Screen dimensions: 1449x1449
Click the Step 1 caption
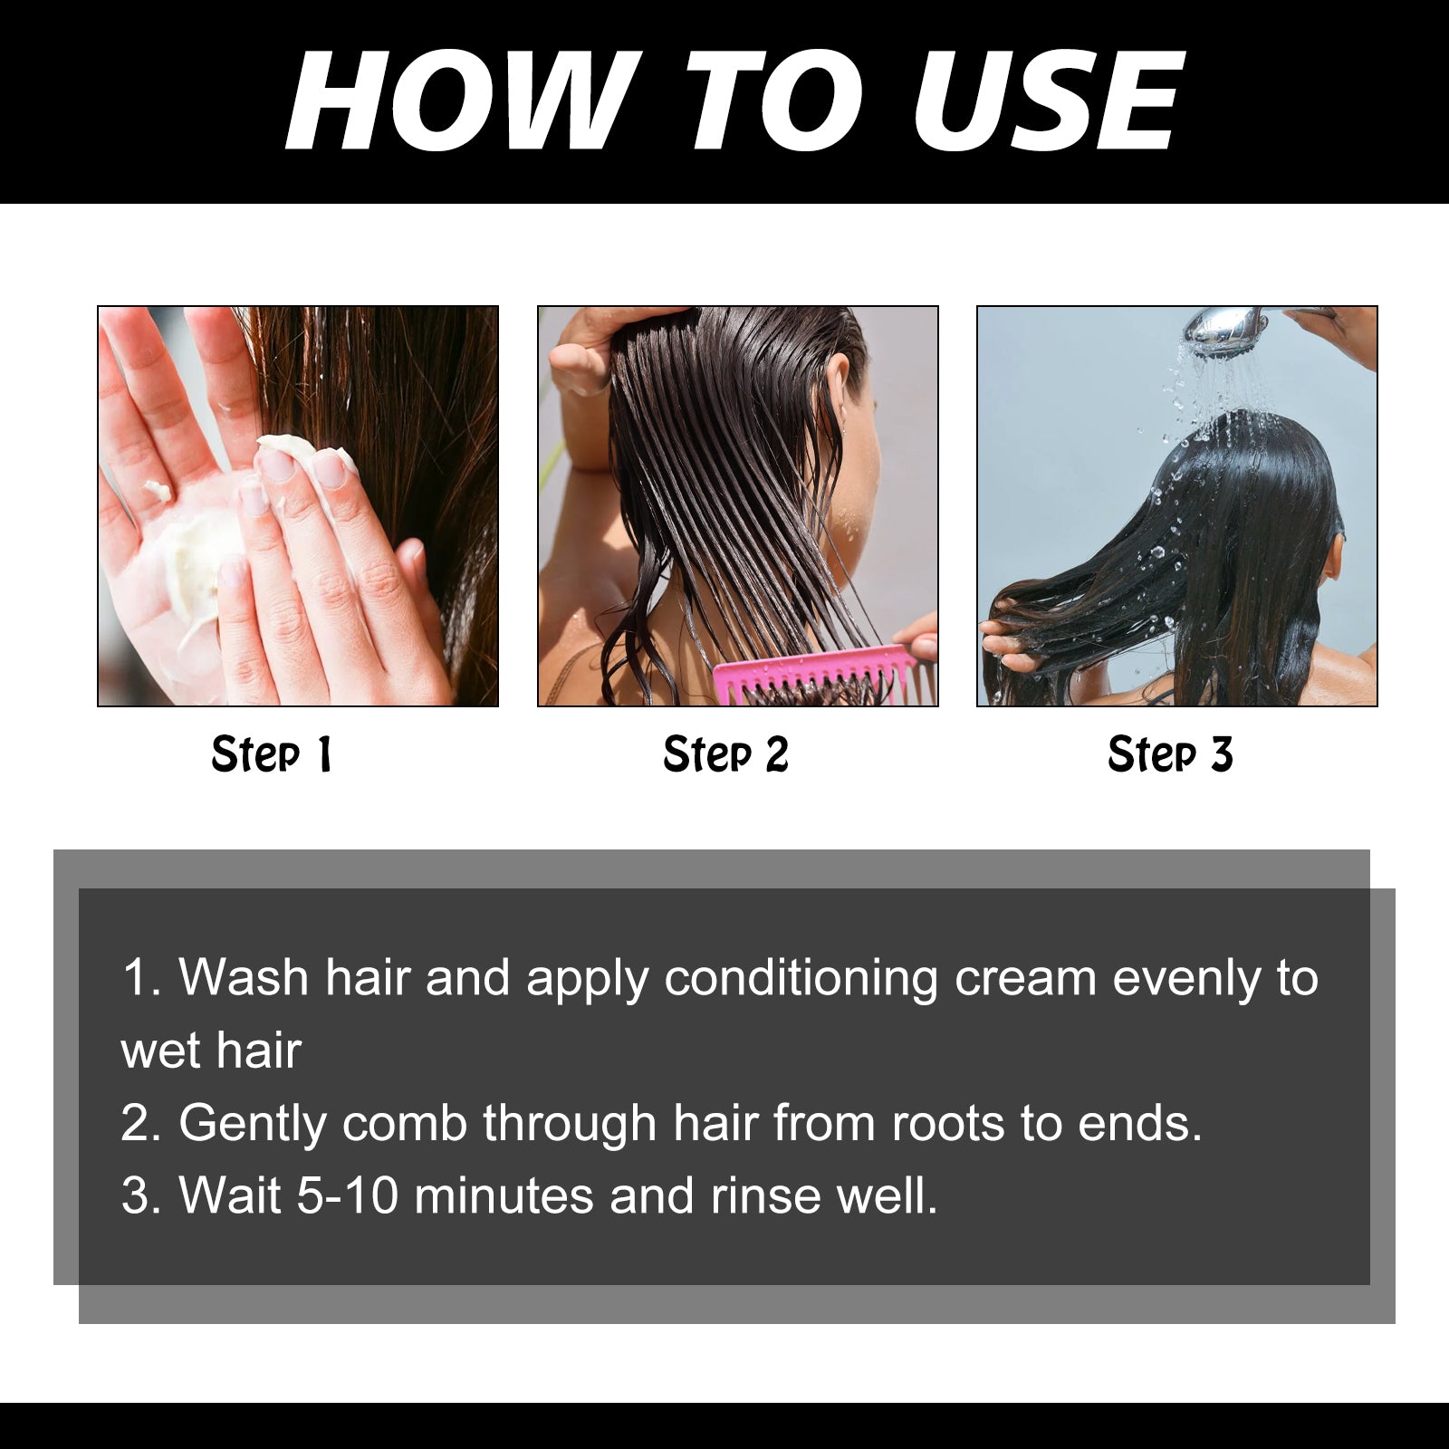(x=272, y=754)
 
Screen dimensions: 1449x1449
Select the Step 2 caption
(x=725, y=754)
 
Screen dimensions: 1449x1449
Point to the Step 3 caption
(x=1170, y=754)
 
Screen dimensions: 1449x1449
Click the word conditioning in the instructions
(x=801, y=978)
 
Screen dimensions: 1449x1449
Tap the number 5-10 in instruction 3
(x=348, y=1195)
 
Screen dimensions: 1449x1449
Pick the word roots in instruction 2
(x=947, y=1124)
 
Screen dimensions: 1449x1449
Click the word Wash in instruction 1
(x=243, y=978)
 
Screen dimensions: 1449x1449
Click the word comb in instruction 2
(x=404, y=1124)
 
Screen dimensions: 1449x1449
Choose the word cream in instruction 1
(x=1025, y=978)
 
